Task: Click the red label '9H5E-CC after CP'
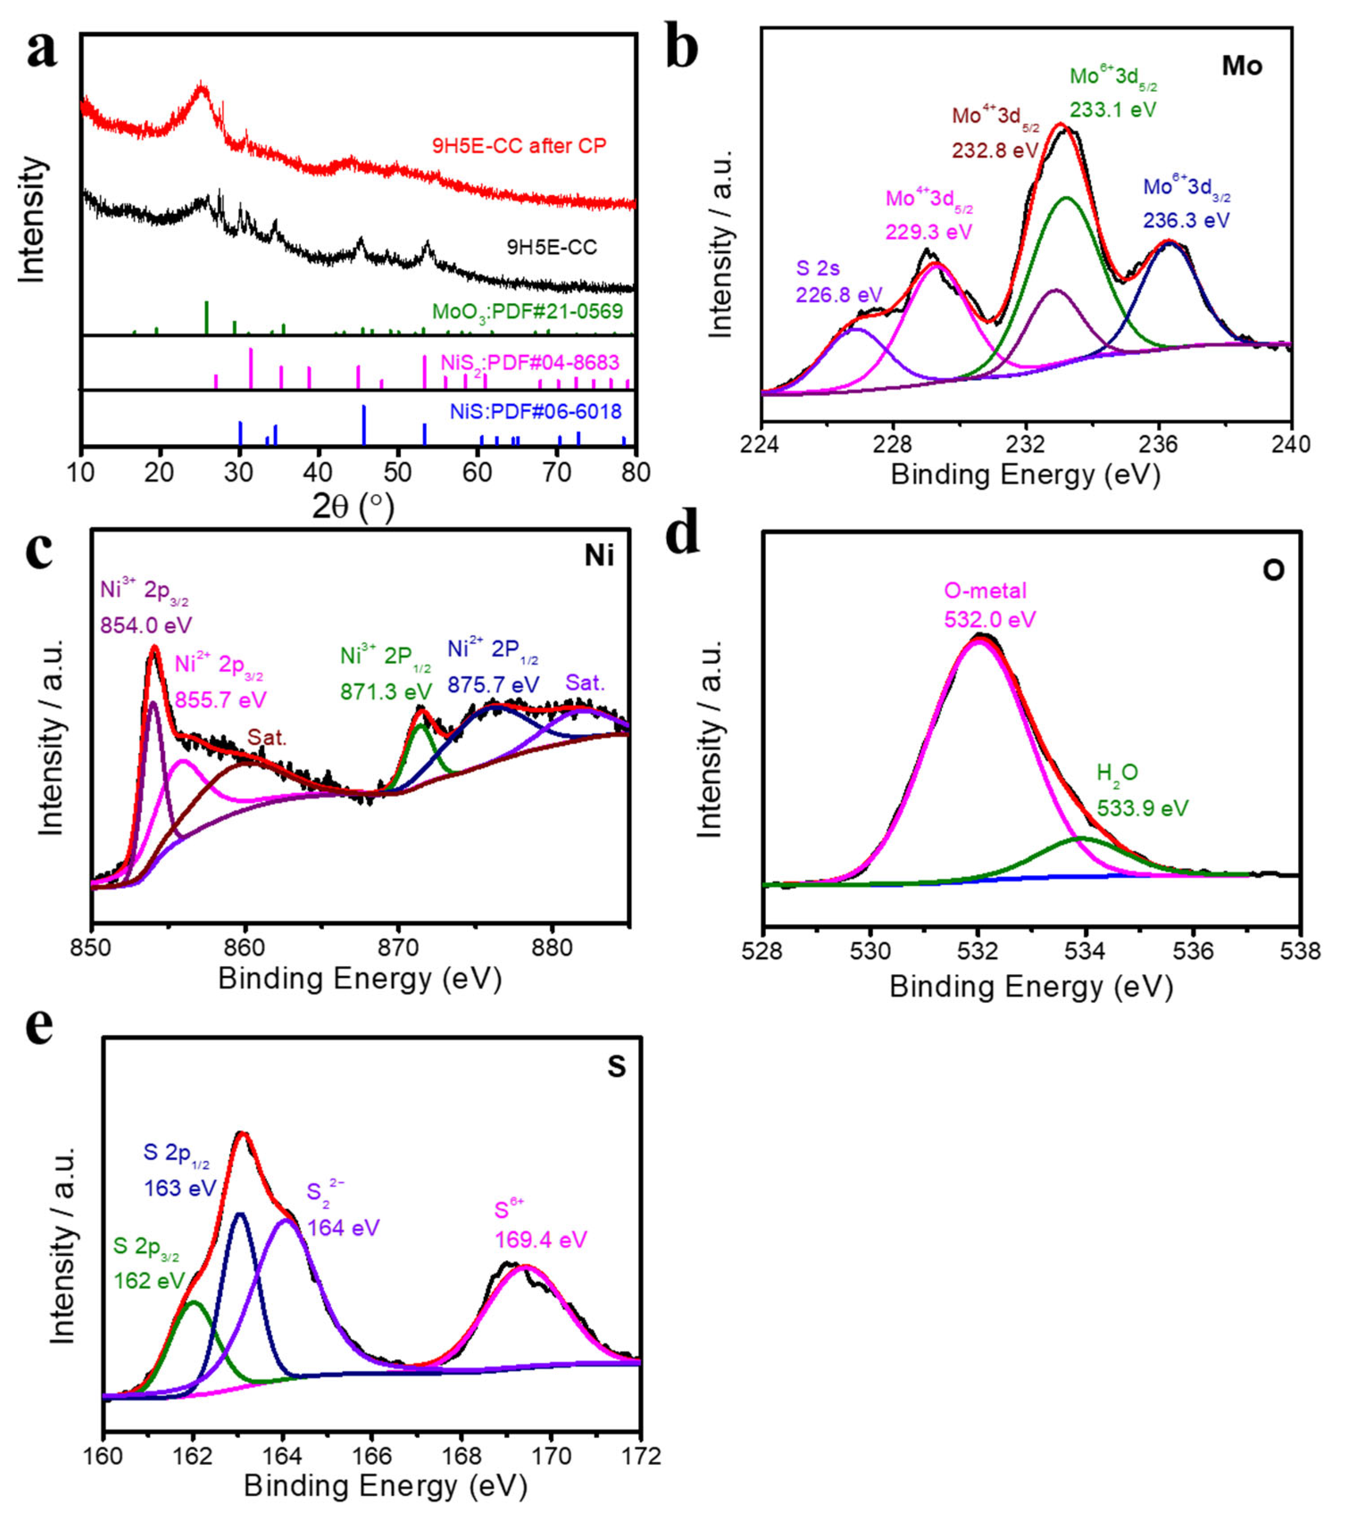coord(519,145)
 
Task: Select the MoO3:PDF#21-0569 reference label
coord(528,311)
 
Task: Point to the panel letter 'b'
coord(681,46)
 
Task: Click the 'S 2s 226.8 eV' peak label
coord(839,282)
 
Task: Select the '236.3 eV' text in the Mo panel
coord(1186,220)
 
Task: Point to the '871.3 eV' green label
coord(386,691)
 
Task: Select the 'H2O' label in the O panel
coord(1117,774)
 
